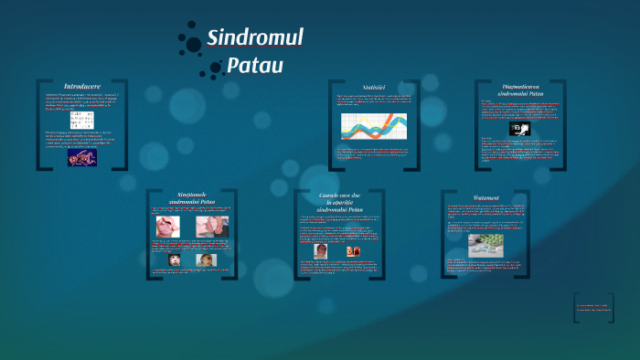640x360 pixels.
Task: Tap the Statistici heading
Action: pos(373,85)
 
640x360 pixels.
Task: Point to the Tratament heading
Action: pos(485,197)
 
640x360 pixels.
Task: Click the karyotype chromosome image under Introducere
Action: pos(82,122)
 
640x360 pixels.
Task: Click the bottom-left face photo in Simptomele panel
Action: pos(174,259)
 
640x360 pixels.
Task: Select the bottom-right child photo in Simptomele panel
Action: pos(207,259)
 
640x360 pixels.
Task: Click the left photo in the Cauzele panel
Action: pos(320,251)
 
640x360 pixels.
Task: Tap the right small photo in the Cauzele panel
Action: pos(353,251)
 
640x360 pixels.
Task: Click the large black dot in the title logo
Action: pos(193,43)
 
